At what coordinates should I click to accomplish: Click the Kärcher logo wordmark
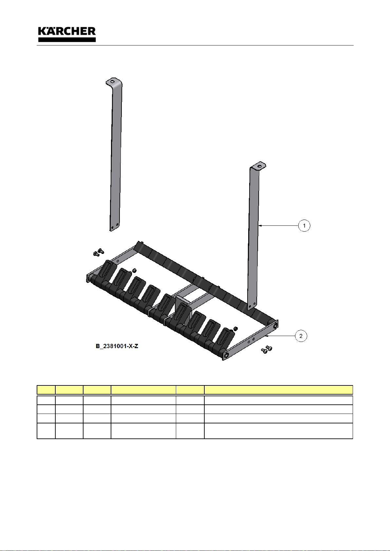[x=67, y=34]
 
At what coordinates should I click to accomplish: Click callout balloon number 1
[x=304, y=225]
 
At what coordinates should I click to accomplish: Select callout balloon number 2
[x=301, y=336]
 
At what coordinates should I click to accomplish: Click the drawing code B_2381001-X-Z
[x=117, y=346]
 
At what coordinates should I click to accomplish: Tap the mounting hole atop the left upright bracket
[x=112, y=81]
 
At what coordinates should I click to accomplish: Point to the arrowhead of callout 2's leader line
[x=267, y=335]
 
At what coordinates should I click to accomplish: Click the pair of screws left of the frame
[x=99, y=252]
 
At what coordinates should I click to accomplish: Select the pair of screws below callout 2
[x=267, y=349]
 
